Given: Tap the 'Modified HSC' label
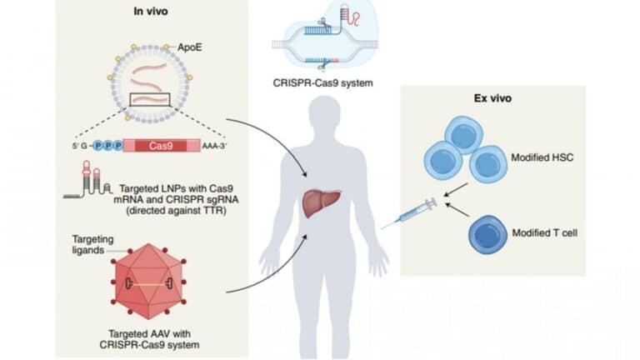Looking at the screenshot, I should (x=537, y=156).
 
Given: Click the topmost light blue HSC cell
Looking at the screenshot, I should (x=462, y=133).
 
